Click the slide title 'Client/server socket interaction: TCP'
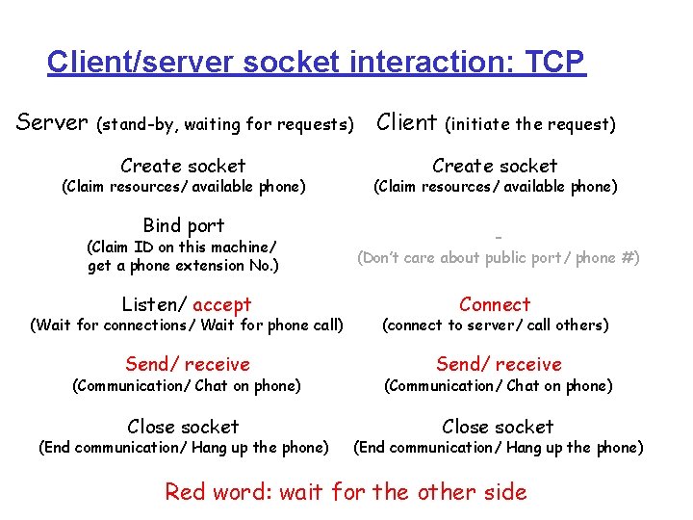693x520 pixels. pyautogui.click(x=316, y=63)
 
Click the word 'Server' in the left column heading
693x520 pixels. pyautogui.click(x=53, y=122)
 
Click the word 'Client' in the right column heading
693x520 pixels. pyautogui.click(x=406, y=122)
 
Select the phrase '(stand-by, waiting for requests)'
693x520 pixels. pyautogui.click(x=226, y=124)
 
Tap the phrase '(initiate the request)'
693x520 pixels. pyautogui.click(x=529, y=124)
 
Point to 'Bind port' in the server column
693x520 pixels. pyautogui.click(x=183, y=225)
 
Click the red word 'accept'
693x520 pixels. pyautogui.click(x=221, y=305)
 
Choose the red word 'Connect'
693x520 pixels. pyautogui.click(x=495, y=304)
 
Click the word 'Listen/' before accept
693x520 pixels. pyautogui.click(x=154, y=305)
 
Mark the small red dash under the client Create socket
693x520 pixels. pyautogui.click(x=499, y=236)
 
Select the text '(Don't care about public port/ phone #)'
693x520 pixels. pyautogui.click(x=499, y=258)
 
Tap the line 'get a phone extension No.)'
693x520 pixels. pyautogui.click(x=183, y=266)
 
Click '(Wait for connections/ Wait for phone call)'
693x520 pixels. pyautogui.click(x=187, y=325)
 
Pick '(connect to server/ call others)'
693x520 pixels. pyautogui.click(x=496, y=325)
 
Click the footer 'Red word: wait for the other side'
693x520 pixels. pyautogui.click(x=346, y=492)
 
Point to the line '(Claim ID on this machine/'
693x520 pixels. pyautogui.click(x=182, y=247)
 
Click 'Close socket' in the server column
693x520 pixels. pyautogui.click(x=183, y=427)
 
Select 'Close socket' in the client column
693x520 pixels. pyautogui.click(x=498, y=427)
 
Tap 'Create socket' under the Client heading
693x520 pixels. pyautogui.click(x=495, y=166)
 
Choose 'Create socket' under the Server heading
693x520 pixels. pyautogui.click(x=183, y=166)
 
